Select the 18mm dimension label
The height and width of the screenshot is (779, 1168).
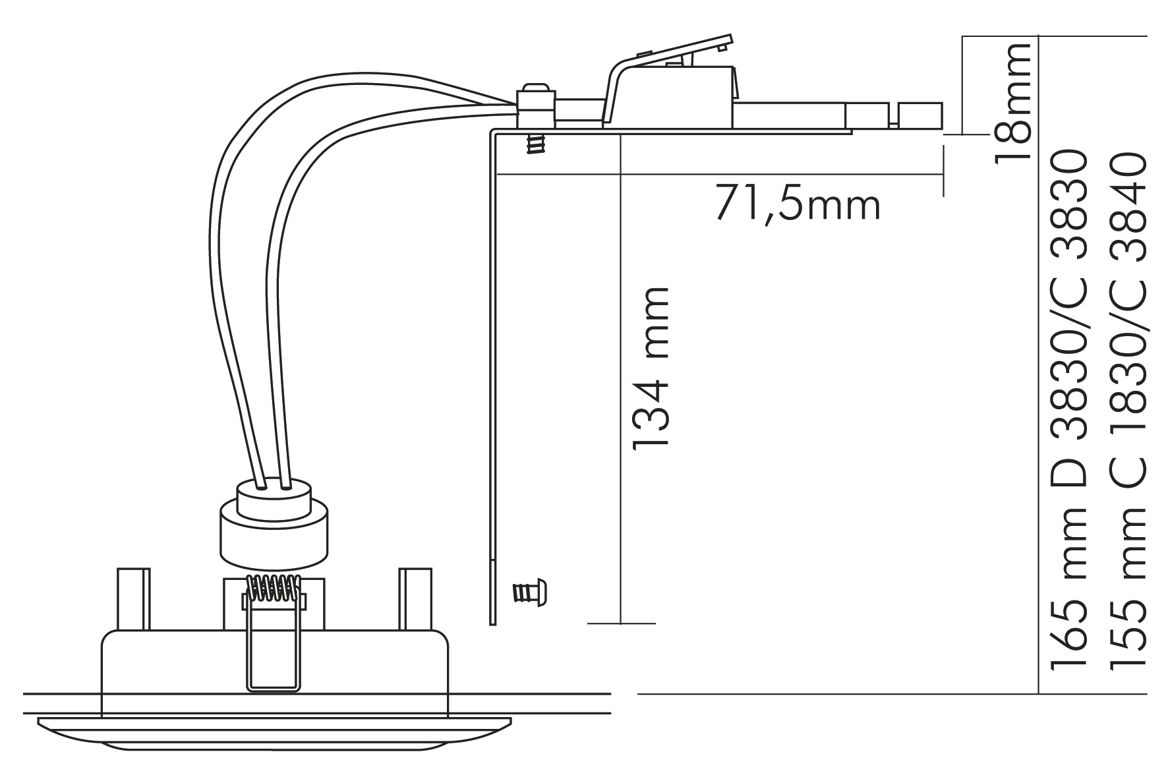pos(1012,101)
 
